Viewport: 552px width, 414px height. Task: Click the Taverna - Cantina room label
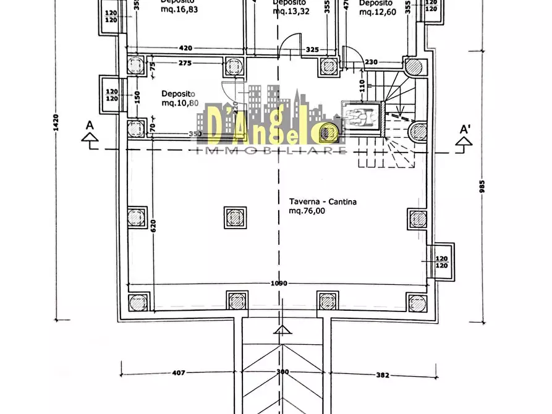click(323, 201)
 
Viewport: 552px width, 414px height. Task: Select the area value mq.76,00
click(307, 211)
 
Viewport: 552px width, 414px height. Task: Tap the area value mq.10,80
click(180, 103)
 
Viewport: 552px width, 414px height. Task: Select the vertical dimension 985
click(482, 186)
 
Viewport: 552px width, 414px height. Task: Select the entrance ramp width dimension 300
click(282, 373)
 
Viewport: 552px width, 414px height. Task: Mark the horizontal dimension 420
click(185, 48)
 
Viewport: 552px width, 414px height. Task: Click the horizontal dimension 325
click(312, 49)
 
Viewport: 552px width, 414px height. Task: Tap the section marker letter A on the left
click(90, 125)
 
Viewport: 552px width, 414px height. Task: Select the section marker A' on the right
click(465, 130)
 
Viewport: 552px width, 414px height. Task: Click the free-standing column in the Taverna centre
click(235, 217)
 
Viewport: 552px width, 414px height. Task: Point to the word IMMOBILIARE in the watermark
click(271, 150)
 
